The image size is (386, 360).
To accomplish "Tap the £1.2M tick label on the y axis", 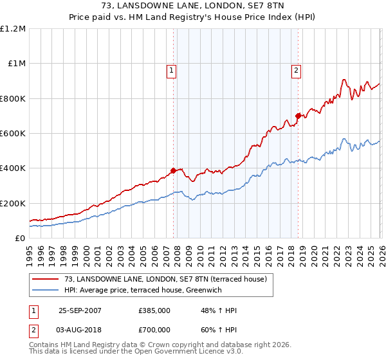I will (13, 29).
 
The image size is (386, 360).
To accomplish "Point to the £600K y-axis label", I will (13, 134).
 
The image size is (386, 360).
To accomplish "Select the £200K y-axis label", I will (13, 203).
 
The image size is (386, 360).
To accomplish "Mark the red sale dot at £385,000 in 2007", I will (173, 171).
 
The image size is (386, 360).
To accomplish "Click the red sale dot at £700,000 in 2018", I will (298, 116).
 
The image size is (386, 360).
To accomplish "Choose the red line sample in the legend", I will (46, 279).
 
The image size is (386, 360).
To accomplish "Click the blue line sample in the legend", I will (46, 290).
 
